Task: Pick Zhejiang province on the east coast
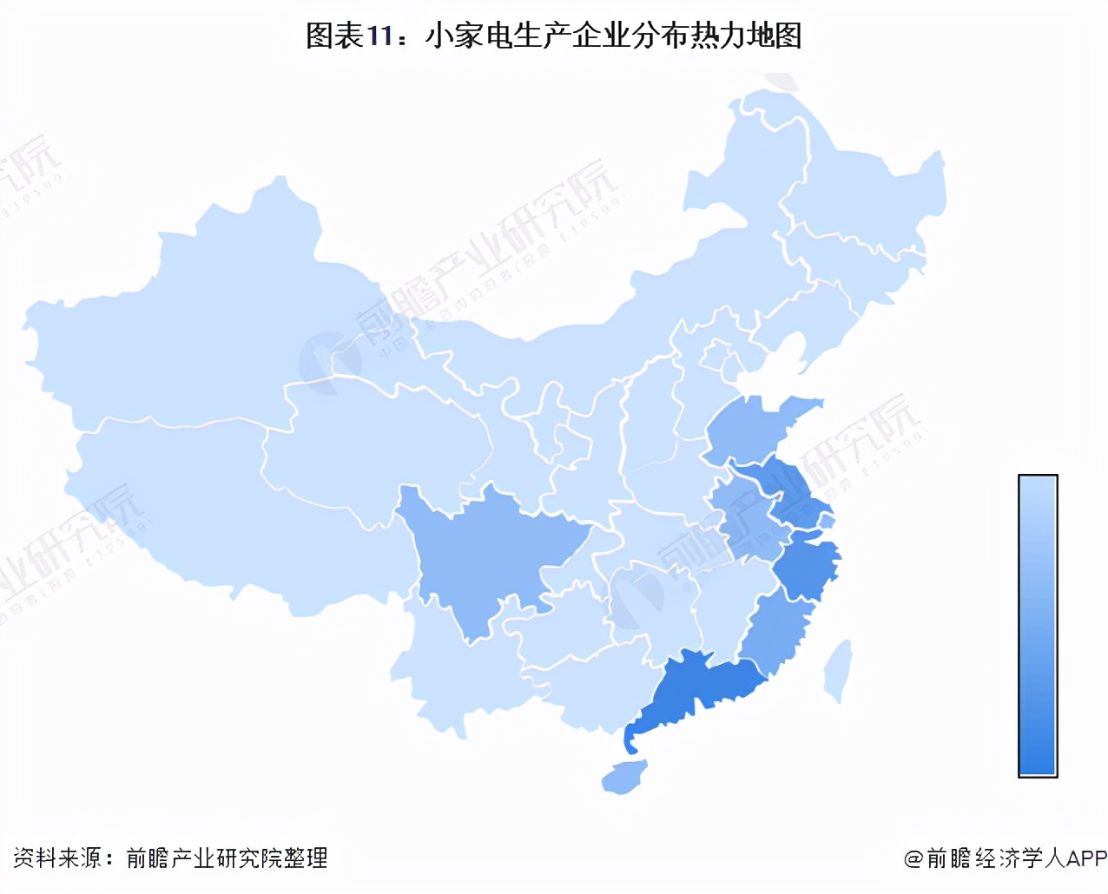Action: point(808,569)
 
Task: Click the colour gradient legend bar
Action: point(1038,625)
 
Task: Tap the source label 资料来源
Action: point(57,858)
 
